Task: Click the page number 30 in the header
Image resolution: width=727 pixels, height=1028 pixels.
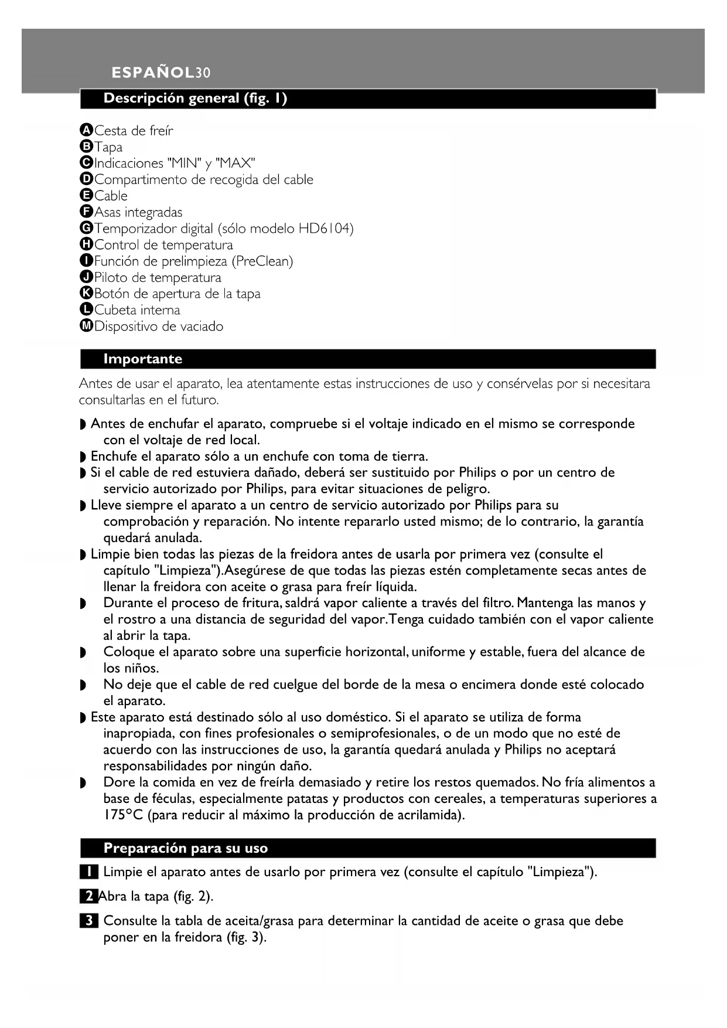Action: click(203, 73)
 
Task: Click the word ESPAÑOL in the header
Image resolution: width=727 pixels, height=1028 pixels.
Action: click(153, 73)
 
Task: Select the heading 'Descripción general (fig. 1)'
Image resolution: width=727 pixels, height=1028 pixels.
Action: click(195, 98)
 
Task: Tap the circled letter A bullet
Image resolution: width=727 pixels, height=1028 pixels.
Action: click(86, 130)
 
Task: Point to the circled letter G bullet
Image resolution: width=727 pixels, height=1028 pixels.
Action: click(86, 228)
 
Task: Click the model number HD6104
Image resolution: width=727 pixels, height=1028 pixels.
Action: click(324, 229)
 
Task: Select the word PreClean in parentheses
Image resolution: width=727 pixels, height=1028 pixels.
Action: click(261, 261)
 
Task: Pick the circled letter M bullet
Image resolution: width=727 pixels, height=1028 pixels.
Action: click(86, 326)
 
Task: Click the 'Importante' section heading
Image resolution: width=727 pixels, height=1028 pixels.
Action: click(143, 359)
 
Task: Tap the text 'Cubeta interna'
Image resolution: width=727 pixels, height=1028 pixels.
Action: click(137, 310)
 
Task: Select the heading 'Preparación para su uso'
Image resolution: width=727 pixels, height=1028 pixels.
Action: click(185, 848)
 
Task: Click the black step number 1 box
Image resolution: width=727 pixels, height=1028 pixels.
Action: click(88, 872)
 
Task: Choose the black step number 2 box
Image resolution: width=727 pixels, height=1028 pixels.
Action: click(88, 897)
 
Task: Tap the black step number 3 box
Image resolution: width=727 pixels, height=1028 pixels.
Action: click(88, 921)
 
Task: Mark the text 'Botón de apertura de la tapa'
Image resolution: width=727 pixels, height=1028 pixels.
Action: click(178, 294)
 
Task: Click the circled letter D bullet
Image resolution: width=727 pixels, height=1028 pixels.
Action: click(86, 179)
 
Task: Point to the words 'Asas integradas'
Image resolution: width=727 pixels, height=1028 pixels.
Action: click(138, 212)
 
